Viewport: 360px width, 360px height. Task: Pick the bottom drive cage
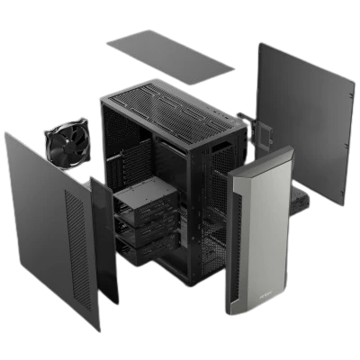(144, 247)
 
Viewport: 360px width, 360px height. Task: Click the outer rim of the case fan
(47, 136)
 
